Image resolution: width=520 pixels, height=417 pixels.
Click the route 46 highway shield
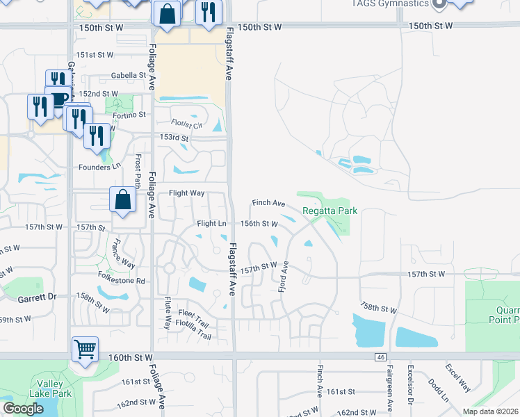click(x=380, y=357)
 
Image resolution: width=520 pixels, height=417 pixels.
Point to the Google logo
click(x=23, y=409)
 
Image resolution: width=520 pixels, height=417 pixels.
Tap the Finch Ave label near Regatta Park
click(x=268, y=204)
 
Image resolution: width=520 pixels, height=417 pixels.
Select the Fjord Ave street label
click(x=283, y=277)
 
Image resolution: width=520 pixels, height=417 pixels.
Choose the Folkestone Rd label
click(x=121, y=281)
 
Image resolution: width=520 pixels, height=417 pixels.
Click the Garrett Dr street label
click(x=34, y=297)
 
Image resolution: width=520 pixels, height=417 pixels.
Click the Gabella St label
click(x=129, y=76)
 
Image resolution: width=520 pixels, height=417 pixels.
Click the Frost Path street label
click(x=138, y=171)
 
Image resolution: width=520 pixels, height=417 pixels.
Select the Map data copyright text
click(x=489, y=411)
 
